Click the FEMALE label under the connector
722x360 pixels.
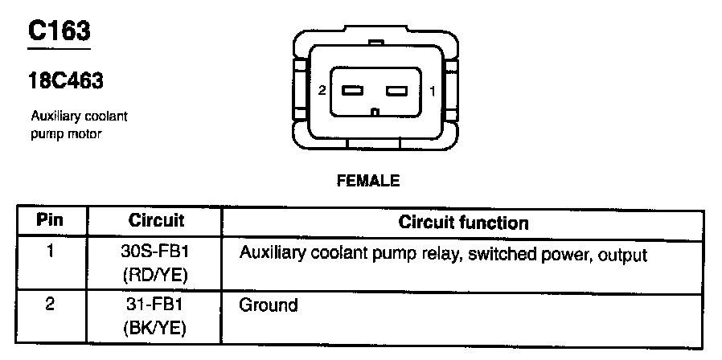click(x=367, y=181)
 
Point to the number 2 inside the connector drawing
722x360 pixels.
click(x=322, y=91)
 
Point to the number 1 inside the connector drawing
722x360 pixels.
click(x=433, y=91)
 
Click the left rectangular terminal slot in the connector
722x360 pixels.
click(x=354, y=91)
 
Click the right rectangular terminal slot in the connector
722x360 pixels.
click(x=399, y=91)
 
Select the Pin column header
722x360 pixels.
click(x=50, y=219)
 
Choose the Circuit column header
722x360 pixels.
click(x=156, y=219)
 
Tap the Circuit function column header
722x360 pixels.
click(x=463, y=222)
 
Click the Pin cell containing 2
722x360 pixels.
click(x=50, y=305)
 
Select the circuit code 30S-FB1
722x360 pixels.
click(x=156, y=252)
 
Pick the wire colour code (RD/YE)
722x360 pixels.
click(x=156, y=276)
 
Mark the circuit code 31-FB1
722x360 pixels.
click(x=156, y=305)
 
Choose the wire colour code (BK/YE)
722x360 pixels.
click(x=156, y=329)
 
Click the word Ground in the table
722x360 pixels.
click(x=269, y=305)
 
